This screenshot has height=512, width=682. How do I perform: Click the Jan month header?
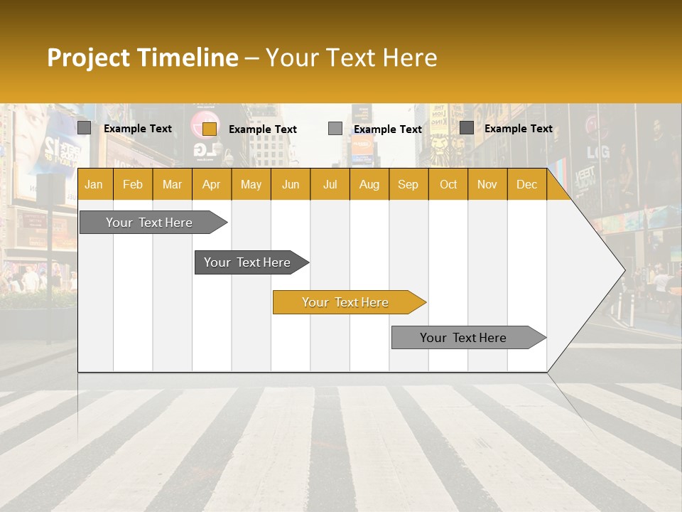click(94, 185)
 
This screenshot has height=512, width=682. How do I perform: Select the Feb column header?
click(133, 185)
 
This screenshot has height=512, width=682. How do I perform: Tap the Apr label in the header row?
click(211, 185)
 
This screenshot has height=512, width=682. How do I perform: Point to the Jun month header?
click(291, 185)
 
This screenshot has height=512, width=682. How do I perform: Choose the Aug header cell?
click(369, 185)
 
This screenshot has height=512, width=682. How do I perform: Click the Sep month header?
click(408, 185)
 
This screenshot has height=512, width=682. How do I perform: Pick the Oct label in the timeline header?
click(448, 185)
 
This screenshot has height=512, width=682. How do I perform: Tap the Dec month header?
click(526, 185)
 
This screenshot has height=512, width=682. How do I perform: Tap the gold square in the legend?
click(209, 129)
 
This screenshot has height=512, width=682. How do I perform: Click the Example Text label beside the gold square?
click(263, 129)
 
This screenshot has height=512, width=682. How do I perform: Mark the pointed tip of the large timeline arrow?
click(623, 270)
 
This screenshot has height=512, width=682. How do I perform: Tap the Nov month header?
click(487, 185)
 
